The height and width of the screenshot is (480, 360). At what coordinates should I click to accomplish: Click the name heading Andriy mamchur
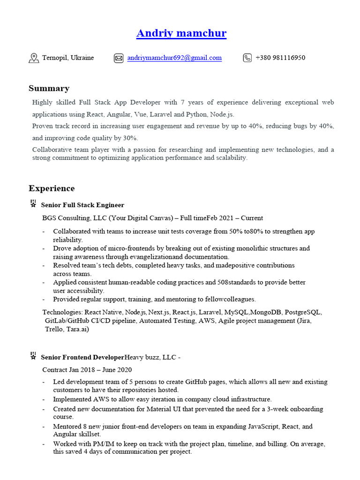pyautogui.click(x=181, y=33)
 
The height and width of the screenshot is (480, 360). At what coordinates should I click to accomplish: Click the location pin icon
pyautogui.click(x=34, y=58)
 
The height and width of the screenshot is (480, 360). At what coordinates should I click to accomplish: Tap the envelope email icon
pyautogui.click(x=118, y=58)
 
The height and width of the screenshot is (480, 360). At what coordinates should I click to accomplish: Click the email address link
pyautogui.click(x=174, y=58)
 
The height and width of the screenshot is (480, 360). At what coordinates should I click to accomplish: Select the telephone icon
pyautogui.click(x=247, y=58)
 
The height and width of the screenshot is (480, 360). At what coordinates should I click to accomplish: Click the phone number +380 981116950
pyautogui.click(x=280, y=58)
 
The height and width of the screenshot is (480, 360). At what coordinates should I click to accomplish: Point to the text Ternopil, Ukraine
pyautogui.click(x=68, y=58)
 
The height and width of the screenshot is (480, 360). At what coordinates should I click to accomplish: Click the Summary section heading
pyautogui.click(x=49, y=88)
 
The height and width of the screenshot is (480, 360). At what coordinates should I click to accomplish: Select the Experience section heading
pyautogui.click(x=52, y=188)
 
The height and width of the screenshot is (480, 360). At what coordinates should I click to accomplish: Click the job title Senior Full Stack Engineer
pyautogui.click(x=82, y=205)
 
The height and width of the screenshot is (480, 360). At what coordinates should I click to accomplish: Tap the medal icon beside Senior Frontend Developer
pyautogui.click(x=33, y=356)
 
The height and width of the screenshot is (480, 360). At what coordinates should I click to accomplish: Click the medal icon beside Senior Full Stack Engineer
pyautogui.click(x=33, y=204)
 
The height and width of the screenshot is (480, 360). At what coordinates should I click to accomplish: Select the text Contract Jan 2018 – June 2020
pyautogui.click(x=87, y=370)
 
